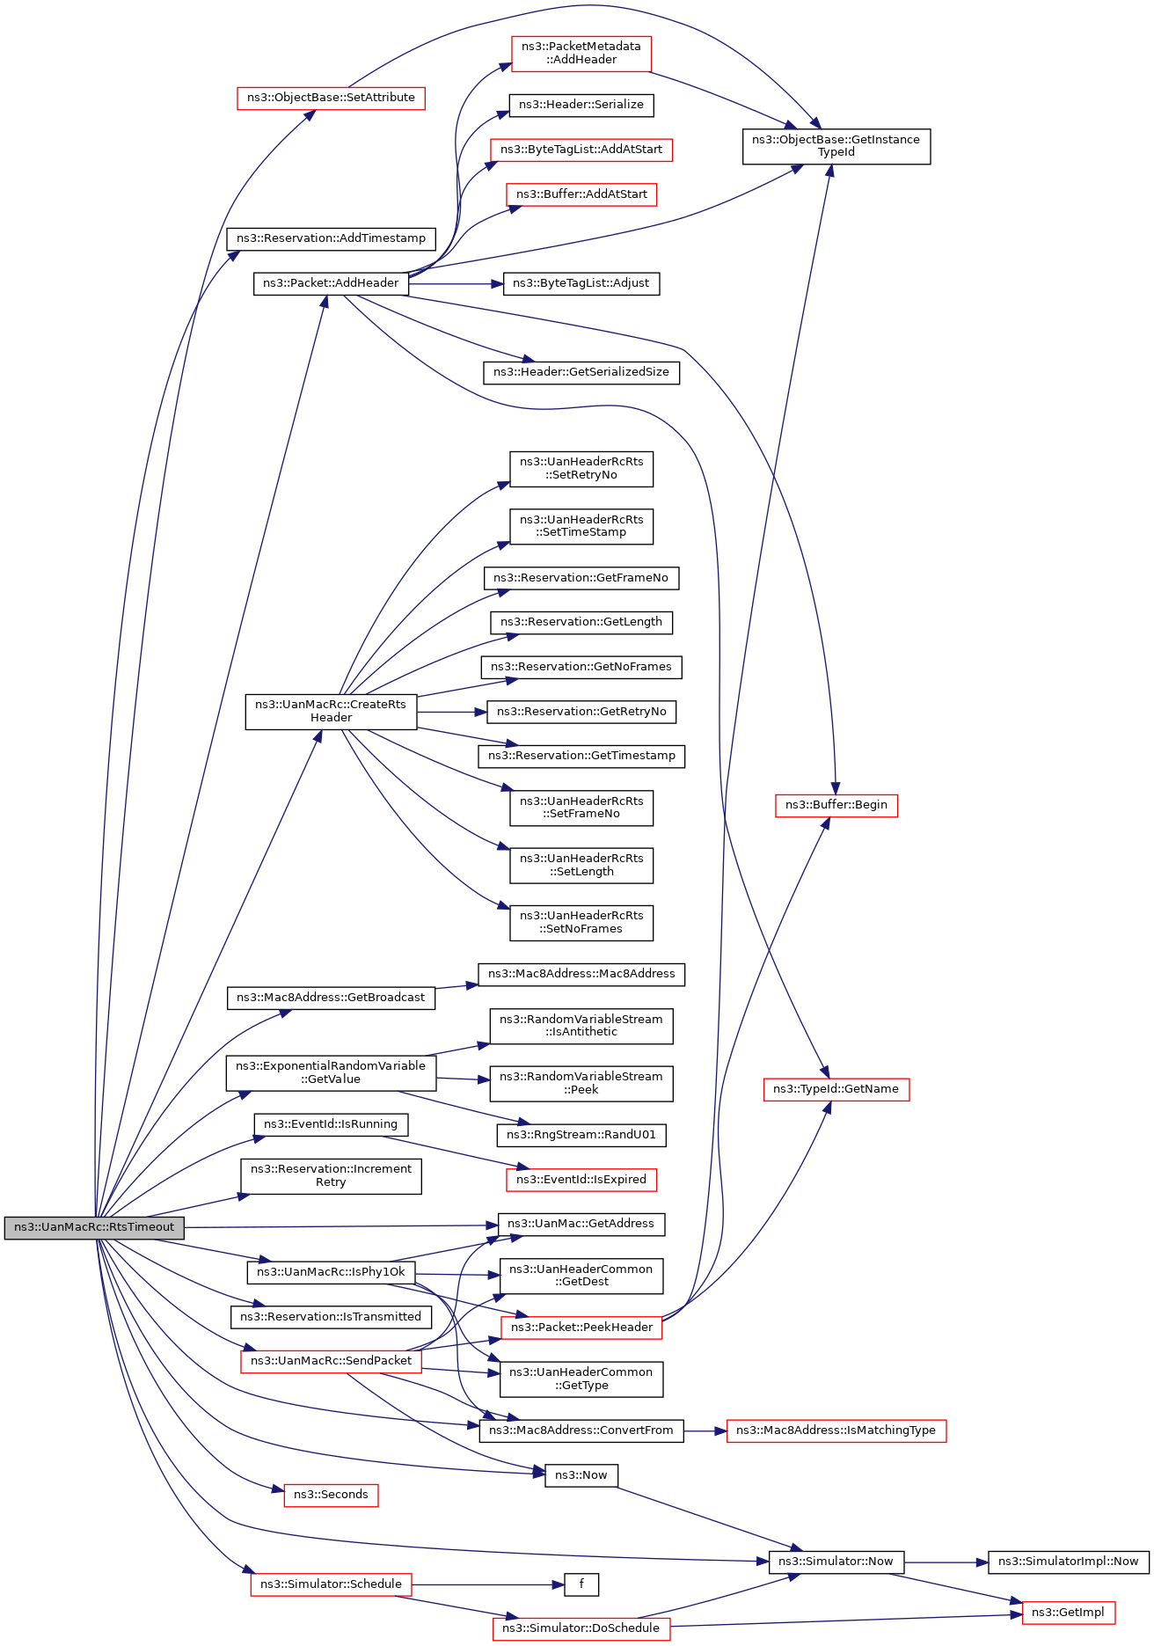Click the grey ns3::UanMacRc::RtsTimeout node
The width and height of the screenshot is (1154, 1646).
click(x=94, y=1227)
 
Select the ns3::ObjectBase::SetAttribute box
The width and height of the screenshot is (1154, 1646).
click(x=331, y=98)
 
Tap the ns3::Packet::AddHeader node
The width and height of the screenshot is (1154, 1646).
click(x=331, y=283)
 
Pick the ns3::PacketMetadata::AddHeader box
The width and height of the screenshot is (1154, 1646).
click(x=581, y=53)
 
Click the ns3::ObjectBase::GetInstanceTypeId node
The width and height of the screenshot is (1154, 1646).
click(x=836, y=146)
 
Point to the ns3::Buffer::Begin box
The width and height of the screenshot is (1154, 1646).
click(x=836, y=805)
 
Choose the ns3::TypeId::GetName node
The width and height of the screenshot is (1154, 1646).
click(x=836, y=1089)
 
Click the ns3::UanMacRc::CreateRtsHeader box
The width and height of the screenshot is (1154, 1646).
click(x=331, y=712)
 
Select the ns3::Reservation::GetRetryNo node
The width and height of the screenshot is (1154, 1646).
click(x=581, y=712)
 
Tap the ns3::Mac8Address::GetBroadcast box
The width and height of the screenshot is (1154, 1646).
click(x=331, y=998)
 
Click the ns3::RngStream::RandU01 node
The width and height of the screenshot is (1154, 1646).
click(x=581, y=1135)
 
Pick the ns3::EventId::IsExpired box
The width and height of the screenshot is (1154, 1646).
click(x=581, y=1180)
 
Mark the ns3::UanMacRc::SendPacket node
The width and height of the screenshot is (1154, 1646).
click(x=331, y=1361)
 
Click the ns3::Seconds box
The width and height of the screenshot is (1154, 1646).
click(x=331, y=1495)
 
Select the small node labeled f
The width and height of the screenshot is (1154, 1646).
click(x=581, y=1584)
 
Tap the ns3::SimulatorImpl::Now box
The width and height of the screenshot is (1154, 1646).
click(x=1068, y=1562)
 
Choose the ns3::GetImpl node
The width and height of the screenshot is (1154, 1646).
click(x=1068, y=1613)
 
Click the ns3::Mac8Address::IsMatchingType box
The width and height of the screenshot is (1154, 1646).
click(x=836, y=1430)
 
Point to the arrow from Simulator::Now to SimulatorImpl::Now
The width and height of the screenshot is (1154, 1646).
click(x=946, y=1562)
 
